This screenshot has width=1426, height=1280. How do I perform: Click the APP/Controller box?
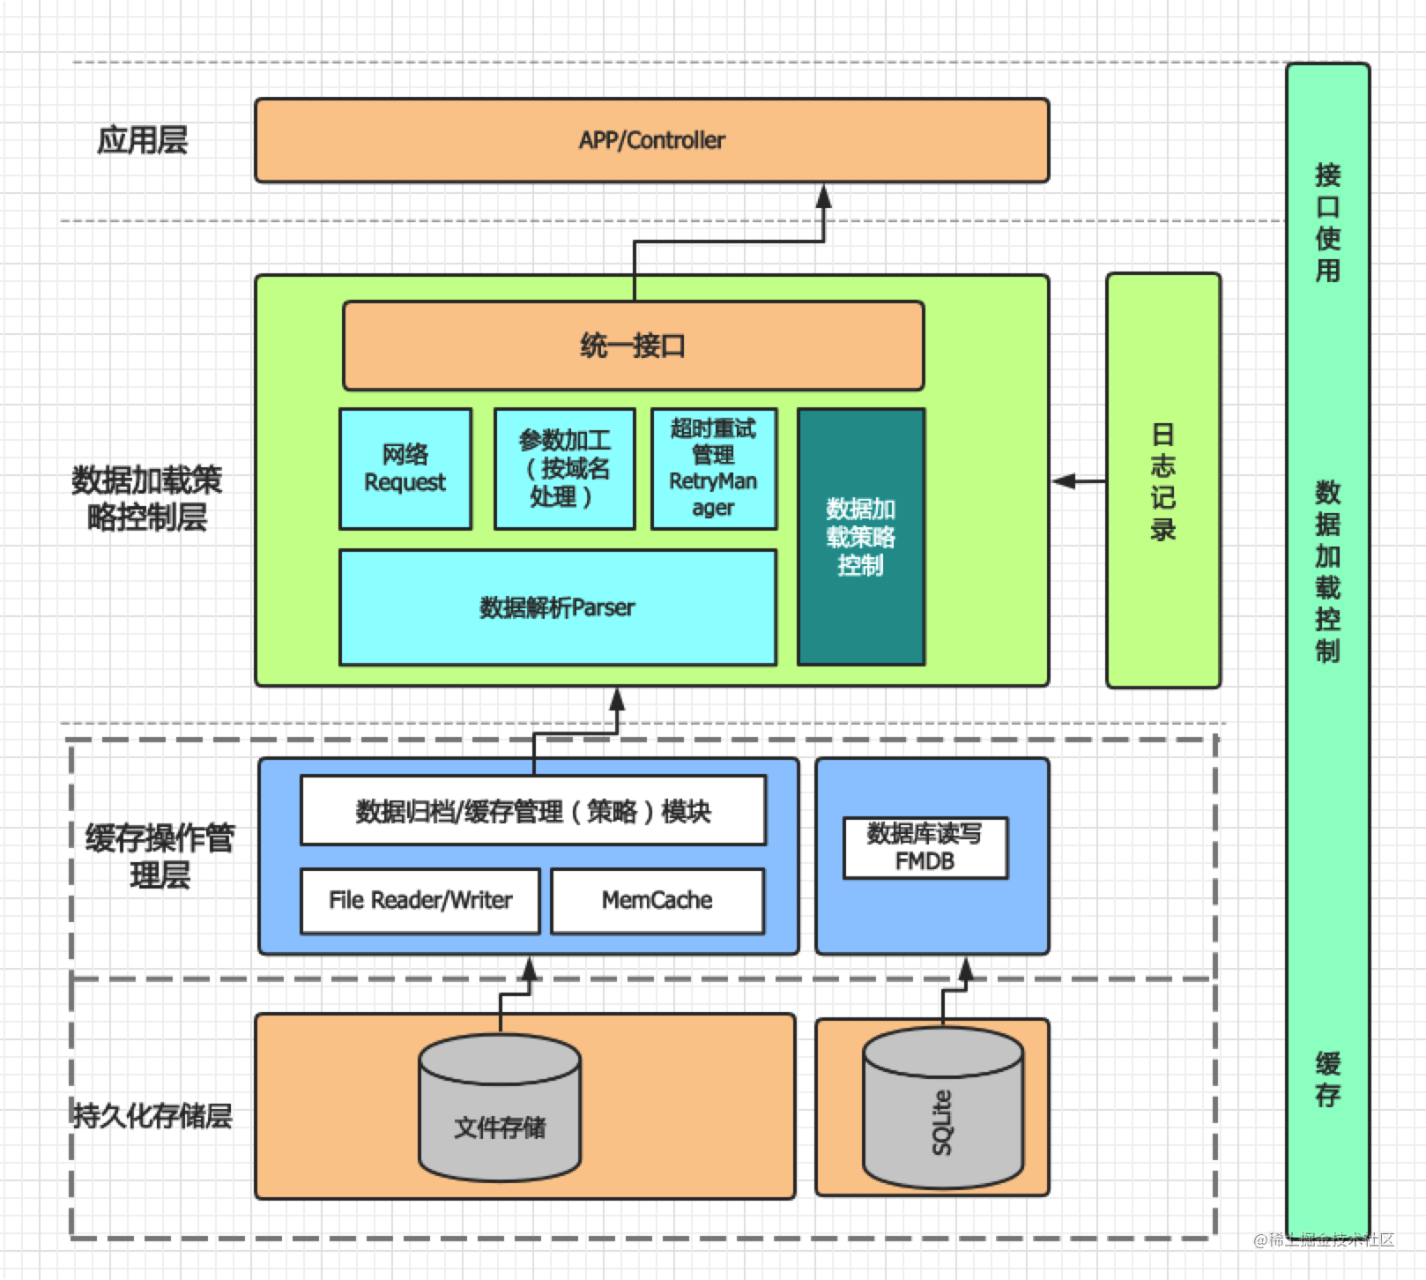[x=651, y=140]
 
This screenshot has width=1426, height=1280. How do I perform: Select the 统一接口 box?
[x=633, y=346]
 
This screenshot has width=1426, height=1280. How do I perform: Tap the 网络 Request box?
[x=405, y=468]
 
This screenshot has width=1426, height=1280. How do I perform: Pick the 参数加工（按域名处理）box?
[x=564, y=468]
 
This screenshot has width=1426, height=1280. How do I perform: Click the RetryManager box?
[x=713, y=468]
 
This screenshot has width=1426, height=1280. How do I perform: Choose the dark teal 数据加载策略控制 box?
[x=860, y=536]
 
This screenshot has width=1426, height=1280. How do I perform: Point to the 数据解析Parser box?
[x=557, y=607]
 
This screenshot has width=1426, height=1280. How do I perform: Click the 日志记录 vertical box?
[x=1162, y=480]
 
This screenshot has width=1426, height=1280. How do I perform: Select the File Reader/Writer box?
[x=420, y=900]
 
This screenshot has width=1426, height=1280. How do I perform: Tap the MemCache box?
[x=657, y=900]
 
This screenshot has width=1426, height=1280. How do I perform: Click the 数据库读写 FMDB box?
[x=925, y=848]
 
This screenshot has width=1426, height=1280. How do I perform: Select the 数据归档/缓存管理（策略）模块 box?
[x=532, y=811]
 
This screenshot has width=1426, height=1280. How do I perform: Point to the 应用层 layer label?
[x=142, y=140]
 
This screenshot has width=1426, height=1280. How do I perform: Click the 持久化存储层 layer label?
[x=152, y=1116]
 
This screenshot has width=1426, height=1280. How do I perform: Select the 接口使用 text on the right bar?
[x=1327, y=222]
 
